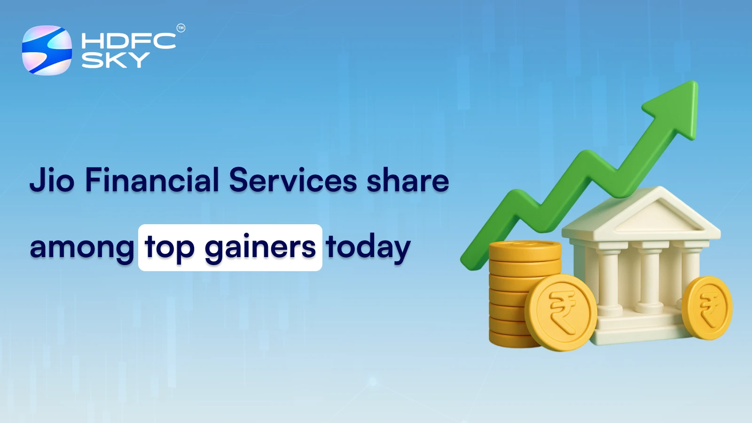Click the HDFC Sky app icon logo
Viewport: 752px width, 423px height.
(47, 50)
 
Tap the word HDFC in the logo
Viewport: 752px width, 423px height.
(128, 41)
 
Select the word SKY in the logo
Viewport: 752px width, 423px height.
(116, 60)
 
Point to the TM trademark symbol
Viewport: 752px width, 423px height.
(181, 28)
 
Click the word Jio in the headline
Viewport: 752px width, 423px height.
(52, 180)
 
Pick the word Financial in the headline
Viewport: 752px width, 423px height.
(152, 180)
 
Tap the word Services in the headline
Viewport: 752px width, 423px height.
(293, 180)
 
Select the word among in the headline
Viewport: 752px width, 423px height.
(82, 248)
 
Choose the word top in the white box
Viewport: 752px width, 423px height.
(170, 248)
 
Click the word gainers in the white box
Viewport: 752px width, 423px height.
(260, 248)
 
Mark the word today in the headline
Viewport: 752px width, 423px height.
(368, 248)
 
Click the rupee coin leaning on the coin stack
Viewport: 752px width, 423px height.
(561, 312)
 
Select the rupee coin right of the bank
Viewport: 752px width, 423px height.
(707, 307)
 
